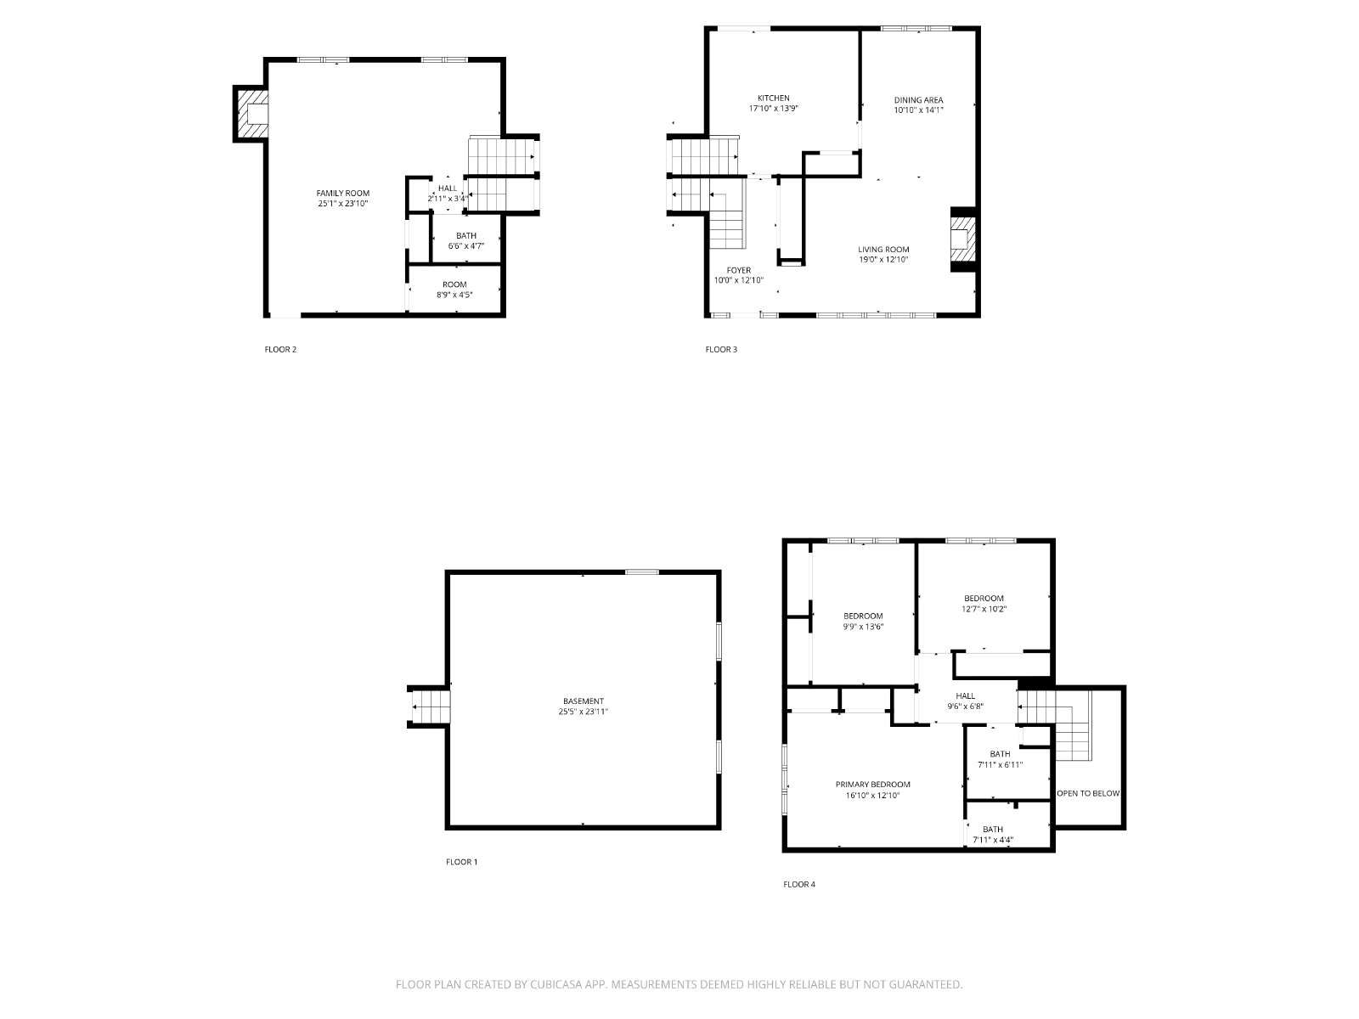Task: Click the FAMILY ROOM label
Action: coord(342,193)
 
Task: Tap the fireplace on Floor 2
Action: coord(253,115)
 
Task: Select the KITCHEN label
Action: coord(773,98)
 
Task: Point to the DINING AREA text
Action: coord(918,99)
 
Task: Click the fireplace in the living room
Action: coord(962,239)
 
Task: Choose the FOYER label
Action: coord(739,270)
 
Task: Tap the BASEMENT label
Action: coord(584,701)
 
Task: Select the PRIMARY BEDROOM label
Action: coord(872,785)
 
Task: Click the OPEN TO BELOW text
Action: coord(1088,793)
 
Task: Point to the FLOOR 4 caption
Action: coord(798,884)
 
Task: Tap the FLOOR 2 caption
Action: coord(280,350)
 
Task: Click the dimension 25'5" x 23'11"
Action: coord(584,712)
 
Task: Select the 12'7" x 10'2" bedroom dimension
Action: coord(984,609)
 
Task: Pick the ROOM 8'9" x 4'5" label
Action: coord(454,290)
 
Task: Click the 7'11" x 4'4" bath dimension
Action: coord(992,840)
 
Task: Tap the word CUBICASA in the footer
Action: coord(556,984)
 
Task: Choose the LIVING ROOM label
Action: coord(883,250)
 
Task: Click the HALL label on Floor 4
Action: coord(965,696)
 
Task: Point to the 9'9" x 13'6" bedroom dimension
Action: coord(862,626)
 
